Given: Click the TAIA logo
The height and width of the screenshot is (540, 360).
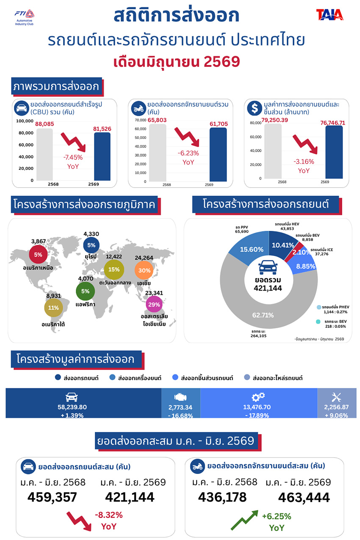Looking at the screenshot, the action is tap(330, 15).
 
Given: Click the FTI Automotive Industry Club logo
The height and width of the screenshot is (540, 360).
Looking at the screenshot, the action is tap(25, 17).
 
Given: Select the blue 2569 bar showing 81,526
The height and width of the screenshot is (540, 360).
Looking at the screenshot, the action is tap(102, 156).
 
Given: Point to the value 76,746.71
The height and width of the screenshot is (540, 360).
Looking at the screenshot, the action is tap(332, 123).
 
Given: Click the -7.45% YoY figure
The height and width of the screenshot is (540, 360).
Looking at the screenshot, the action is tap(73, 162).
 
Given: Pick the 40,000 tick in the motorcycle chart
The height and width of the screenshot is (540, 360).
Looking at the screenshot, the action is tap(140, 147).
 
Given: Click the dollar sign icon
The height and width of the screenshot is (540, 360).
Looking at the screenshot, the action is tap(255, 108).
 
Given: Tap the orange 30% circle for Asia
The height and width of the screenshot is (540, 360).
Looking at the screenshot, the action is tap(144, 271).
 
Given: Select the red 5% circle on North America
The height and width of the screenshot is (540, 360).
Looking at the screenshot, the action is tap(38, 255).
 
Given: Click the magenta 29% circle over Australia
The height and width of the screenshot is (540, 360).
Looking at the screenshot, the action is tap(154, 305).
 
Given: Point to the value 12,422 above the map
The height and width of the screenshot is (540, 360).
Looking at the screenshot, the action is tap(114, 257).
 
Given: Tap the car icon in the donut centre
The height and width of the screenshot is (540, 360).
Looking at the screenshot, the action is tap(268, 267).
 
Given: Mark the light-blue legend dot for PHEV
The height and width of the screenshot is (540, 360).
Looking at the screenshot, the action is tap(319, 307).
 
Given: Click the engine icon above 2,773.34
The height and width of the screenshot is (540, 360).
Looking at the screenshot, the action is tap(180, 396).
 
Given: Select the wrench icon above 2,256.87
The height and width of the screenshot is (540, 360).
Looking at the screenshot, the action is tap(336, 397).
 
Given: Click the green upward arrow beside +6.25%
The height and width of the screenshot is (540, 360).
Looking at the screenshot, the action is tap(244, 520).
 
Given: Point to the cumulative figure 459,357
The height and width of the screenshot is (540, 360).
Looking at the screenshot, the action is tap(52, 497).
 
